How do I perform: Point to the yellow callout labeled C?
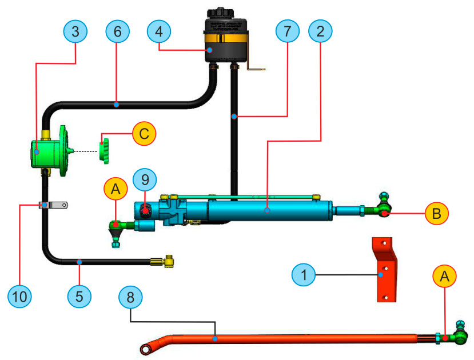144,134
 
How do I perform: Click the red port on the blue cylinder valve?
145,211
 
